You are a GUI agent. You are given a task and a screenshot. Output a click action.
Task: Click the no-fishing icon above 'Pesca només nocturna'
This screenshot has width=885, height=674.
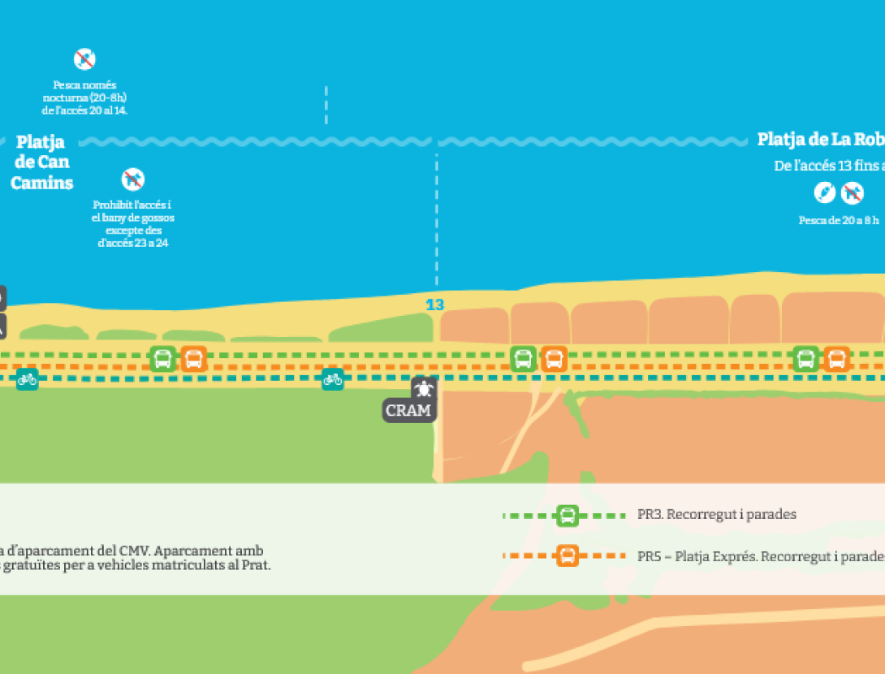coord(84,58)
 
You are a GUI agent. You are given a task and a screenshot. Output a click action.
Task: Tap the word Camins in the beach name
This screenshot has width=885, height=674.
coord(41,183)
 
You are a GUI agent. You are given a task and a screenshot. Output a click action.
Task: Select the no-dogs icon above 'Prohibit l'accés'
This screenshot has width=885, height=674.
coord(132,179)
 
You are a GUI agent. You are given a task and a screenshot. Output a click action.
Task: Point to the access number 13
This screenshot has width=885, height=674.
coord(435,305)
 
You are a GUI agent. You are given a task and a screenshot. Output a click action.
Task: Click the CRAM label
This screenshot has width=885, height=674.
coord(408,410)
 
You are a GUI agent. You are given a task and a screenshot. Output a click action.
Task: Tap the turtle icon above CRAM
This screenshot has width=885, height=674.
coord(423,387)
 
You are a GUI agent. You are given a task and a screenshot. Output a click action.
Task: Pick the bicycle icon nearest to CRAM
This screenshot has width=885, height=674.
coord(332,378)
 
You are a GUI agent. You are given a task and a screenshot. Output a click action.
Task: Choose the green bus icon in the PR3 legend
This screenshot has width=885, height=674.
coord(568,515)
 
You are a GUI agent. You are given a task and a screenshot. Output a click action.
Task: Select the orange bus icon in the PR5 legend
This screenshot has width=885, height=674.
coord(568,556)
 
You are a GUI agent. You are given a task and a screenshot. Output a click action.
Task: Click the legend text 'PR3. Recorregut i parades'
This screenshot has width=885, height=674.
coord(717,514)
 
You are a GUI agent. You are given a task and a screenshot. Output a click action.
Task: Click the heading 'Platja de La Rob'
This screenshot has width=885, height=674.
coord(820,140)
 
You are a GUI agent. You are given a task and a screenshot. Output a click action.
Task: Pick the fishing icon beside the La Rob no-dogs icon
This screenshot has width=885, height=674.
coord(824,193)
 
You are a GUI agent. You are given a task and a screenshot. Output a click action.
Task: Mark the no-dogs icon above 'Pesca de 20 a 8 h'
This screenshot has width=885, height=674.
coord(851,193)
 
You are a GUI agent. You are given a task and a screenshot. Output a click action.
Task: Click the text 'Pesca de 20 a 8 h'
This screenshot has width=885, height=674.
coord(839,220)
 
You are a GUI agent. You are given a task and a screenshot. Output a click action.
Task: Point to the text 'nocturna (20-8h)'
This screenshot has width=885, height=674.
coord(84,97)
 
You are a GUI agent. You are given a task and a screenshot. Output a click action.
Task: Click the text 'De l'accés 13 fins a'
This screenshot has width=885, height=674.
coord(828,166)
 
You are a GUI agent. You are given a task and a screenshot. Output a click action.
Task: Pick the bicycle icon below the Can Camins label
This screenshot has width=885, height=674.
coord(27,378)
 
